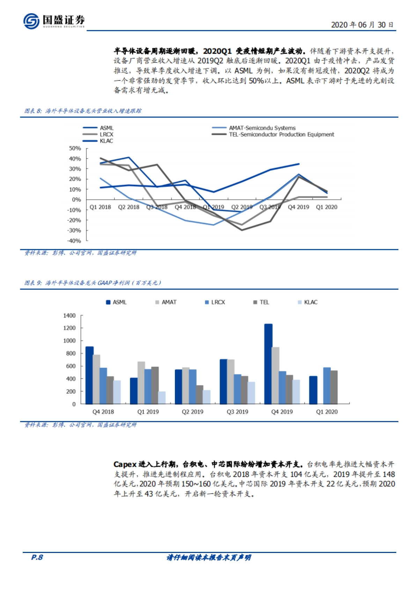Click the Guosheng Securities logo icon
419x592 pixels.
coord(31,21)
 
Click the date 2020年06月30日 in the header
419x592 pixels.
coord(362,25)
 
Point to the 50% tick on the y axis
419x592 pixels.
coord(75,149)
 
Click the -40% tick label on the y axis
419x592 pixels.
coord(74,241)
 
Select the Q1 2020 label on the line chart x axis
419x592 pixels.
coord(326,207)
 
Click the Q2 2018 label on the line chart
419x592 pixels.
coord(128,207)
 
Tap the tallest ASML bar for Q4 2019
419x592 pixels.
coord(268,364)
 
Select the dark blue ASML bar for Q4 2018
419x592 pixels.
coord(89,375)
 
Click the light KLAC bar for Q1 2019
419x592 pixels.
coord(162,398)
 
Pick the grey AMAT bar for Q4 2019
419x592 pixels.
coord(275,375)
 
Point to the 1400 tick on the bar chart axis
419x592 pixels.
coord(69,316)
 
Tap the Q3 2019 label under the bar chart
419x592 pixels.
coord(237,412)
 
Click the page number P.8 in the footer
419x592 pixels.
coord(37,557)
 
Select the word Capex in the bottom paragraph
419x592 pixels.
coord(125,464)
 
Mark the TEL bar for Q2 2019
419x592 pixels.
coord(199,395)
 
